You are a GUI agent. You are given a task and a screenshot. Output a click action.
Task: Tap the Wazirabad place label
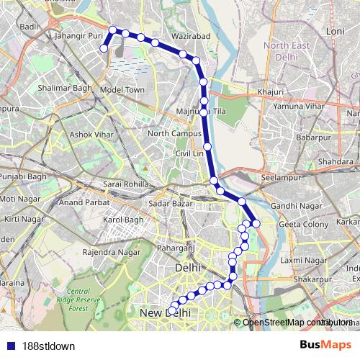click(192, 35)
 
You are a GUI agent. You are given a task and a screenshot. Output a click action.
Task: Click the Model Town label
click(122, 89)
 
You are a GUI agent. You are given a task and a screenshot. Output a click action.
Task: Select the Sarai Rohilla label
click(125, 184)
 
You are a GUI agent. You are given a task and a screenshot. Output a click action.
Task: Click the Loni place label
click(336, 32)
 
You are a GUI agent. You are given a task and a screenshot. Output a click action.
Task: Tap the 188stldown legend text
click(48, 346)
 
